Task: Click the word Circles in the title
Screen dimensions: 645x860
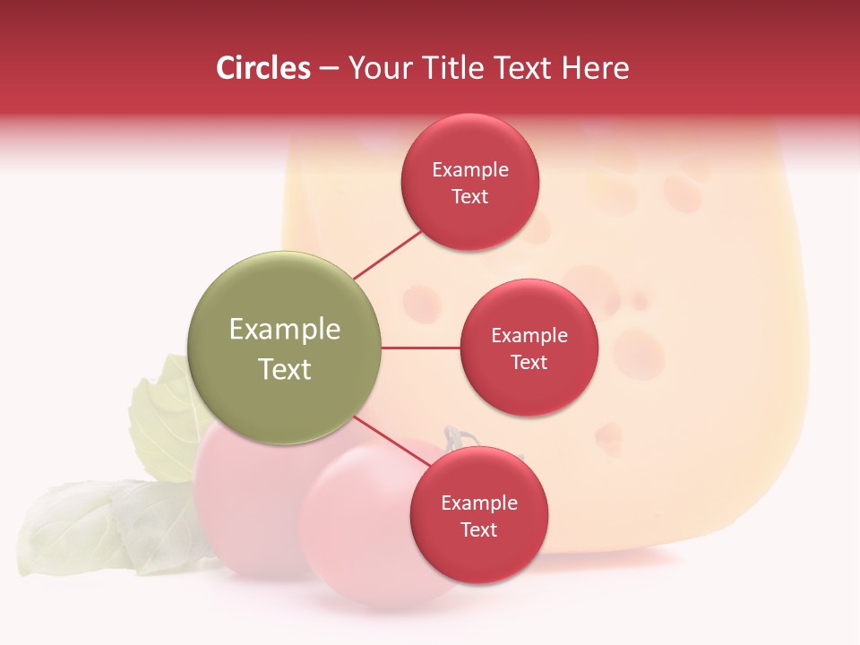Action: point(263,68)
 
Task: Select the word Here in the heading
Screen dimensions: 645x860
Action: point(596,68)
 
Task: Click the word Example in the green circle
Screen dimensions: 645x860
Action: point(285,330)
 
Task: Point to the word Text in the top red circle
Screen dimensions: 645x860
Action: point(470,197)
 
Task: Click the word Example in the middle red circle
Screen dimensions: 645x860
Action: point(529,336)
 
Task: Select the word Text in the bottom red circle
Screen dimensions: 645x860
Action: point(478,530)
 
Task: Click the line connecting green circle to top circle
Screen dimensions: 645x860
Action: point(387,254)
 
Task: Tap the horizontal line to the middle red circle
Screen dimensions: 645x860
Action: point(421,348)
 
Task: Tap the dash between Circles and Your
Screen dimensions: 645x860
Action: point(329,69)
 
